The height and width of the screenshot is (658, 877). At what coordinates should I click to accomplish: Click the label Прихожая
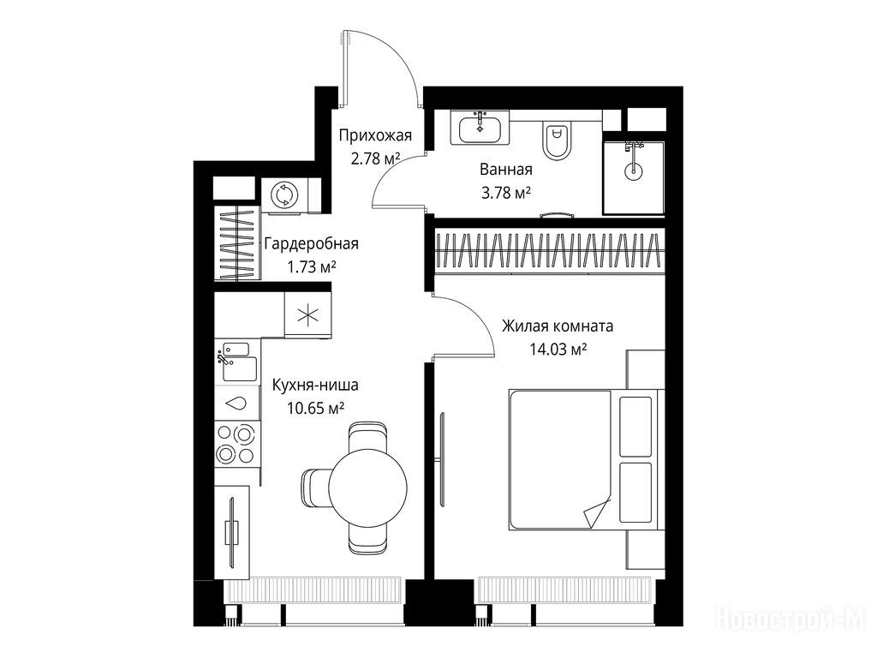point(375,135)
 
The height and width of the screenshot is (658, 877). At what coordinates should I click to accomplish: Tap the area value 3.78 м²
point(505,193)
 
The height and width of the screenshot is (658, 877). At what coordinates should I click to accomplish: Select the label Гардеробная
point(312,244)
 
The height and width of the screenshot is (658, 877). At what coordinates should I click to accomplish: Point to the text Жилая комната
point(557,326)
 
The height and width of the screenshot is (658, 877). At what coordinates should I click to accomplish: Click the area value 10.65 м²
point(315,409)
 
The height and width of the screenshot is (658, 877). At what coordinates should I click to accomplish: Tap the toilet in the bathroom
point(557,140)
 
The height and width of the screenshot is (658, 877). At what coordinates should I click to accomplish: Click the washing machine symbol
point(283,194)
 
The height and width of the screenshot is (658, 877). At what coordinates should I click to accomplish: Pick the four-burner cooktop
point(236,444)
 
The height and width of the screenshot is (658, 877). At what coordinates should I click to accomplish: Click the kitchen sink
point(237,362)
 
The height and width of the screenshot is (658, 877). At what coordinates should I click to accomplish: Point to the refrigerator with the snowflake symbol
point(307,315)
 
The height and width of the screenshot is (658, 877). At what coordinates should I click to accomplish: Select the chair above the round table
point(367,435)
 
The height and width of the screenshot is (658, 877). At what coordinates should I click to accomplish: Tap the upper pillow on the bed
point(635,427)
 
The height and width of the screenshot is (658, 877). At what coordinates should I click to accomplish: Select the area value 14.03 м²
point(558,350)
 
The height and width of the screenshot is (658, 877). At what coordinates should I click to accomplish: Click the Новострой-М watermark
point(790,619)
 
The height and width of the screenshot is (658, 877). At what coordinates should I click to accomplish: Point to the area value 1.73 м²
point(312,267)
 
